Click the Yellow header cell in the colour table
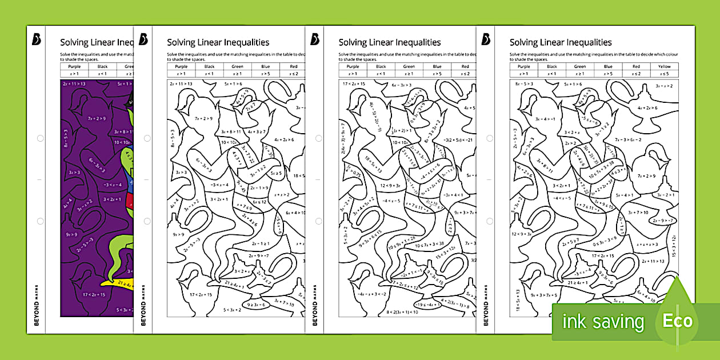[x=664, y=66]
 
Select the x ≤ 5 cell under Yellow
[x=664, y=74]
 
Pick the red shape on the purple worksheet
[x=130, y=201]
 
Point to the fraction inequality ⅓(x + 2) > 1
[x=403, y=131]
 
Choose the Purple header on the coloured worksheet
[x=74, y=66]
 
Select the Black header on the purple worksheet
[x=102, y=66]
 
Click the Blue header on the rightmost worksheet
[x=608, y=66]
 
